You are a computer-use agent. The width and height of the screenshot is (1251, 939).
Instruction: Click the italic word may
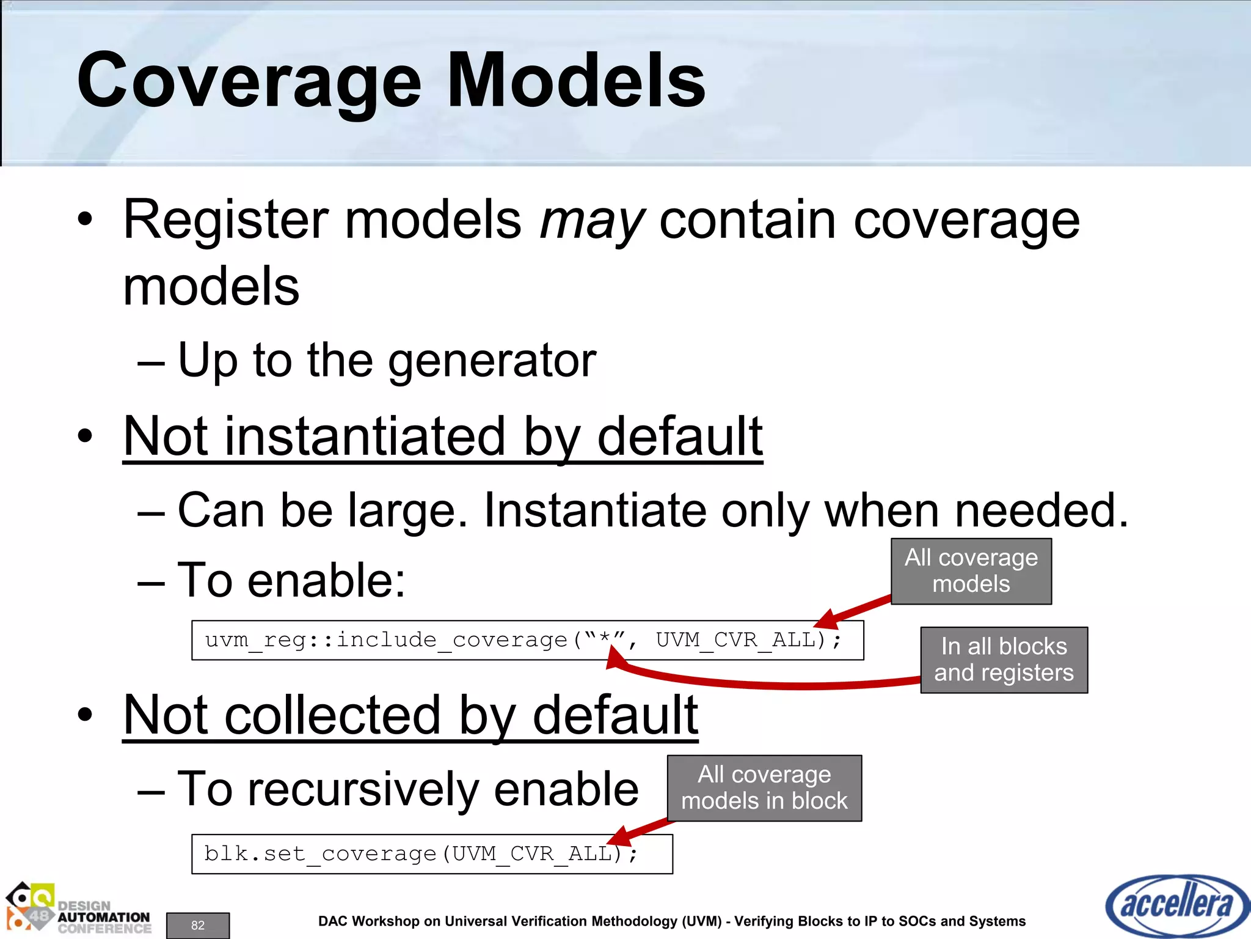point(591,221)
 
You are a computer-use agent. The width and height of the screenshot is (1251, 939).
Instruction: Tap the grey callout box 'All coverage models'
point(971,571)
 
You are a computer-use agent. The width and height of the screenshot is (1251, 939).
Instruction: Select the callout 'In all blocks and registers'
point(1004,660)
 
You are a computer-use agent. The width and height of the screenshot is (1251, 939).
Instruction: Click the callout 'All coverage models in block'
point(764,788)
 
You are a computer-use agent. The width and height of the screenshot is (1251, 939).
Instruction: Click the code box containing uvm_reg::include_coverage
point(527,640)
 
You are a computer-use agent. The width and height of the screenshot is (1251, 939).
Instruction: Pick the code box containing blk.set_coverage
point(431,853)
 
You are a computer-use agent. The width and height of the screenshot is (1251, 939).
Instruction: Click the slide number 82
point(198,925)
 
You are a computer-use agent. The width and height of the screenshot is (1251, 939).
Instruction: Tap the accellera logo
point(1176,905)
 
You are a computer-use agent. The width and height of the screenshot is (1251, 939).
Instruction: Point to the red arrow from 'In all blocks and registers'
point(764,683)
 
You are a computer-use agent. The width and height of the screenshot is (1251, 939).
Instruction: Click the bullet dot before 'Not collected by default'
point(86,715)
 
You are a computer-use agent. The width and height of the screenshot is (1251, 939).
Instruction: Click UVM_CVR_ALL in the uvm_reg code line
point(735,640)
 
